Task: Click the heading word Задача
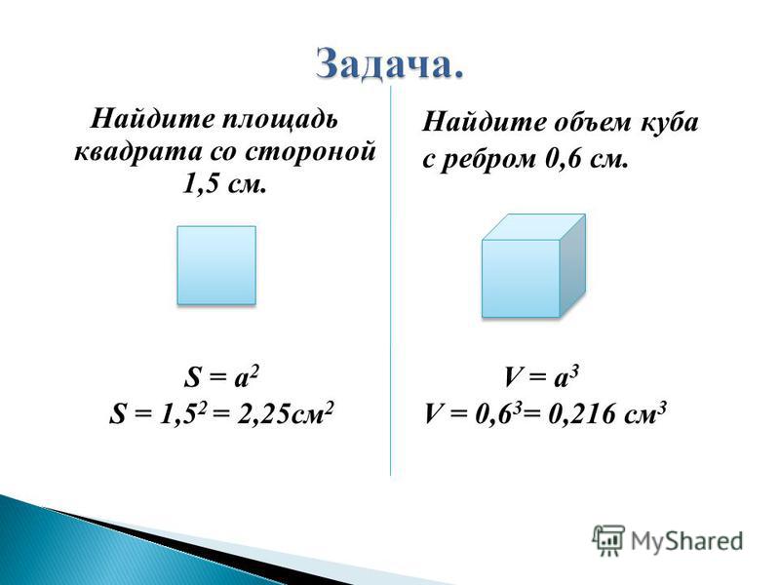point(389,64)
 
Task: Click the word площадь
point(280,120)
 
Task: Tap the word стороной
point(310,151)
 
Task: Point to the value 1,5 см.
point(224,184)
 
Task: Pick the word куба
point(670,122)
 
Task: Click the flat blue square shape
point(216,265)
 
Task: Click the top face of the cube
point(533,227)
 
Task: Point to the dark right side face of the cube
point(573,265)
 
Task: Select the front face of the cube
point(521,279)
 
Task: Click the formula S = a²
point(221,376)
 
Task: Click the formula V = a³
point(541,376)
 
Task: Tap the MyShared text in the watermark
point(686,541)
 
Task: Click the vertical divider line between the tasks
point(391,281)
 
